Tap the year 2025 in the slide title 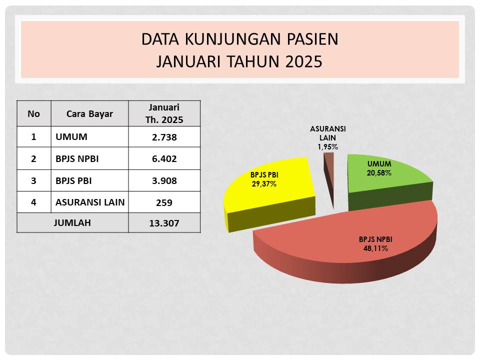(303, 61)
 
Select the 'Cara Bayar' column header (89, 113)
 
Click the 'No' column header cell (33, 113)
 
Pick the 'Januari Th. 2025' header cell (164, 113)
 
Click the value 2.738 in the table (164, 137)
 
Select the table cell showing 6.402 (164, 158)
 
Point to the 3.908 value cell (164, 180)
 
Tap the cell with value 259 (164, 202)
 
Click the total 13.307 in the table (164, 223)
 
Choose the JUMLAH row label (72, 222)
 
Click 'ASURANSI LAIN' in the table (90, 202)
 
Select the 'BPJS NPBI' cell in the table (89, 158)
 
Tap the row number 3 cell (33, 180)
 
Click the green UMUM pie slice (389, 180)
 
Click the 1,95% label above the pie (327, 147)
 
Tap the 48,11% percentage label (375, 248)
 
